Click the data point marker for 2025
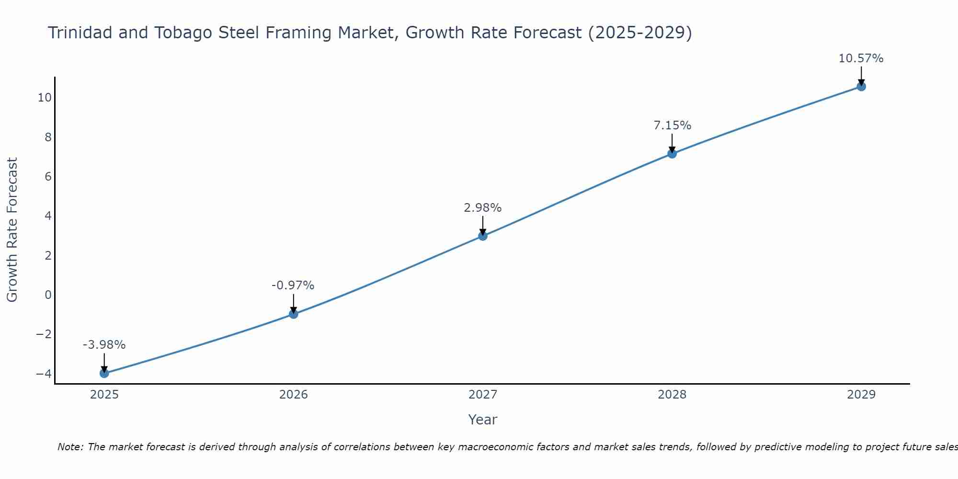point(104,373)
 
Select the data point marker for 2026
point(294,314)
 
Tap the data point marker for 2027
point(483,236)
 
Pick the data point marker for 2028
point(672,154)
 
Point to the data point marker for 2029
point(861,87)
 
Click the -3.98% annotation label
point(104,345)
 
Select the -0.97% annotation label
point(293,285)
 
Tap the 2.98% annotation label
point(482,208)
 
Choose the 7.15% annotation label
point(672,125)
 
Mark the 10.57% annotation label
point(861,58)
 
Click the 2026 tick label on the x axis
point(294,395)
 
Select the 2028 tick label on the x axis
point(672,395)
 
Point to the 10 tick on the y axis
point(45,98)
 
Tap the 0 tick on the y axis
point(48,295)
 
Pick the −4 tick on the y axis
point(44,374)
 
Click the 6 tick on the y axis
point(48,177)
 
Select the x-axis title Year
point(482,420)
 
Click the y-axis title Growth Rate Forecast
point(12,230)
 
